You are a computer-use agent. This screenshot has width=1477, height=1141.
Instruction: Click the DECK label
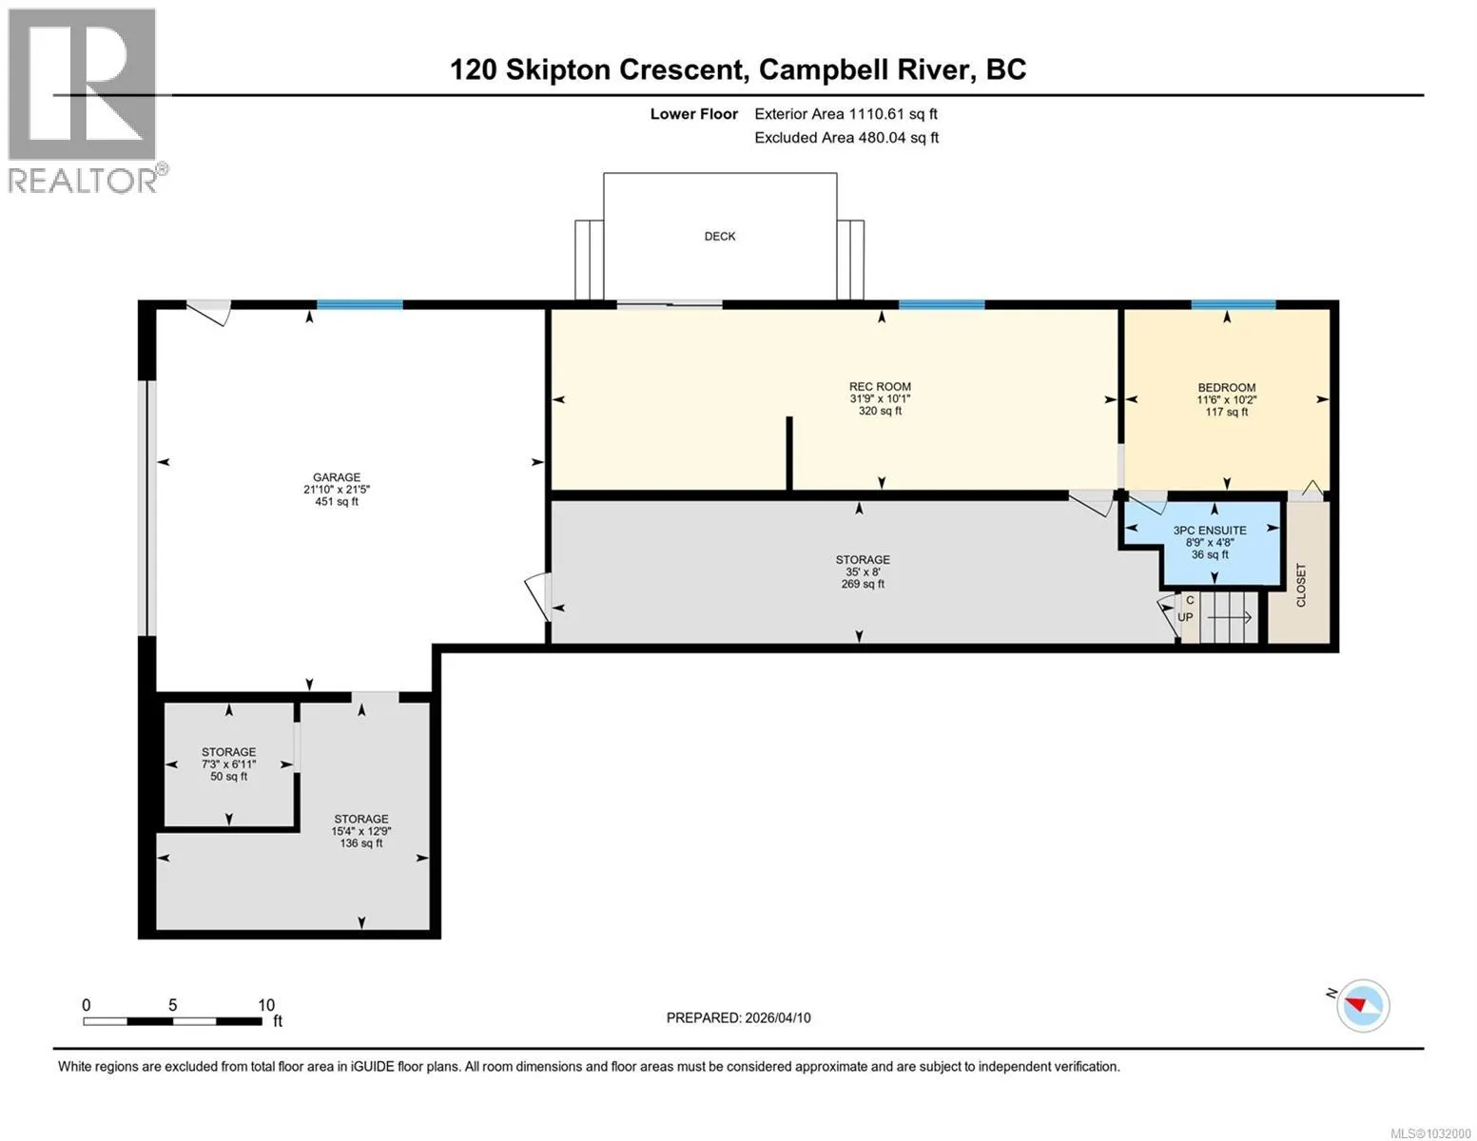(x=719, y=237)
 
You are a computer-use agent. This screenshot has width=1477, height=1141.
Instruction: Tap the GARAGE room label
(x=337, y=477)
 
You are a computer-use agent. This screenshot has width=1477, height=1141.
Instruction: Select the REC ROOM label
(x=880, y=386)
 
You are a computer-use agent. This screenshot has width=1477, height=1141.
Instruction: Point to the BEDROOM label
(x=1226, y=387)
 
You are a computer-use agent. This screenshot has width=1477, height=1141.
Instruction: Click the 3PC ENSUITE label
(x=1210, y=530)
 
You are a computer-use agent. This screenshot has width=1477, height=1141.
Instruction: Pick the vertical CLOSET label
(x=1301, y=585)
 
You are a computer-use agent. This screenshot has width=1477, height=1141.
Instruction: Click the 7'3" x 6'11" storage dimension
(x=228, y=764)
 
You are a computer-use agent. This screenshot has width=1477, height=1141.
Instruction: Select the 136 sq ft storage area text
(x=360, y=843)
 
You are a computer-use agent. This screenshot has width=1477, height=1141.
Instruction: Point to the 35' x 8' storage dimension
(x=863, y=572)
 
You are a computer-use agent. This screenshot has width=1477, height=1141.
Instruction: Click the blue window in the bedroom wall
(x=1233, y=304)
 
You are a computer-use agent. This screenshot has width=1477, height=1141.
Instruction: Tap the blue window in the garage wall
(x=360, y=304)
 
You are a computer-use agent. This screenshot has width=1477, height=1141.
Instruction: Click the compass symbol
(x=1362, y=1006)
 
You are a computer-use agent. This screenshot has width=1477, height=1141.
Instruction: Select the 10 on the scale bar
(x=266, y=1005)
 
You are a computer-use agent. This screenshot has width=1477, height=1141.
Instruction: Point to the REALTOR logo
(x=86, y=101)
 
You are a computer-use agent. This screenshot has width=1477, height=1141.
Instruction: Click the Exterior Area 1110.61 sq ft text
(x=845, y=114)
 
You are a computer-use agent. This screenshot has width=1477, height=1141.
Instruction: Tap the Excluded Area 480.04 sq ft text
(x=846, y=138)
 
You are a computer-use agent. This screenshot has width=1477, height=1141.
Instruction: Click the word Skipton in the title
(x=557, y=70)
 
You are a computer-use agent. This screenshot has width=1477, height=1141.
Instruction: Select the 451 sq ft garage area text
(x=337, y=501)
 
